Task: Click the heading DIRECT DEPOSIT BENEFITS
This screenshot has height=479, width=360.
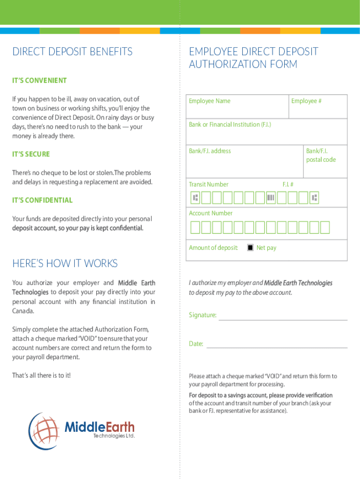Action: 72,51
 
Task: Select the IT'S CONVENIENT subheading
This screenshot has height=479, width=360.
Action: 39,80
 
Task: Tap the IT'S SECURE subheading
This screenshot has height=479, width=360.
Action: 31,154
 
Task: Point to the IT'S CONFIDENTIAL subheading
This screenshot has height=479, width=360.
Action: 42,200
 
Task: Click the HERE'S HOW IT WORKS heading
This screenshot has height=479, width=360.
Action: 65,263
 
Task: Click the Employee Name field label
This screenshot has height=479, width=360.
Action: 209,101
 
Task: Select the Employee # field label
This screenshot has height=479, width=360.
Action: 306,101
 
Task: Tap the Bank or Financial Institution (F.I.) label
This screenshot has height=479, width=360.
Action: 230,124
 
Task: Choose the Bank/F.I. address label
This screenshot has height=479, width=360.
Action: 209,151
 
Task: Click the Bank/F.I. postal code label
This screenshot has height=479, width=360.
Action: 321,155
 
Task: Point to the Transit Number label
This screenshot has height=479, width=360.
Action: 209,184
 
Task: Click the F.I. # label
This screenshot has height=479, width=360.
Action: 288,184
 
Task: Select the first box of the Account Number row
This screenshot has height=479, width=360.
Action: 195,227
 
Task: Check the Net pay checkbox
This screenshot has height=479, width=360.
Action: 251,247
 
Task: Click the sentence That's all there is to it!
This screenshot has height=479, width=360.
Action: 41,375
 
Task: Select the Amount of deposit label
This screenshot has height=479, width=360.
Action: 213,247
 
